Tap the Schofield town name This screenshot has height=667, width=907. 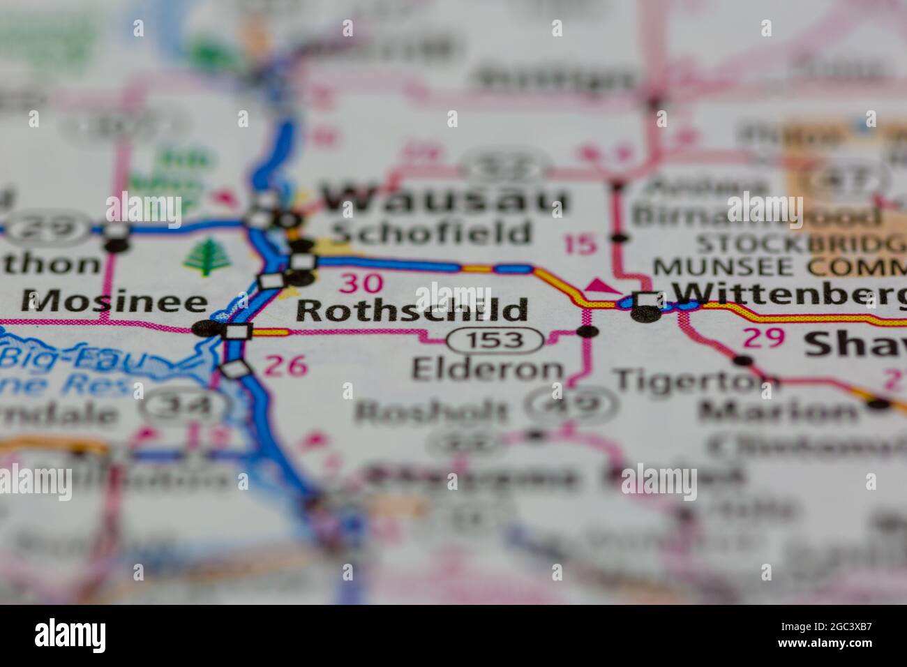430,233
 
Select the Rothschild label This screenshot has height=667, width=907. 413,310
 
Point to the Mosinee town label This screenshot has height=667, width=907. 114,302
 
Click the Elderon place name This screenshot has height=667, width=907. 487,369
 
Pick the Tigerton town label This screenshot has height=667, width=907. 696,380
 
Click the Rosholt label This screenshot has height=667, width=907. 430,412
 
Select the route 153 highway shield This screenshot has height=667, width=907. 495,340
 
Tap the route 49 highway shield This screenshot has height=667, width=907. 571,403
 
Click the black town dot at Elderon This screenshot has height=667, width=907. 588,331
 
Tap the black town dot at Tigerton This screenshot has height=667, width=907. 744,361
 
